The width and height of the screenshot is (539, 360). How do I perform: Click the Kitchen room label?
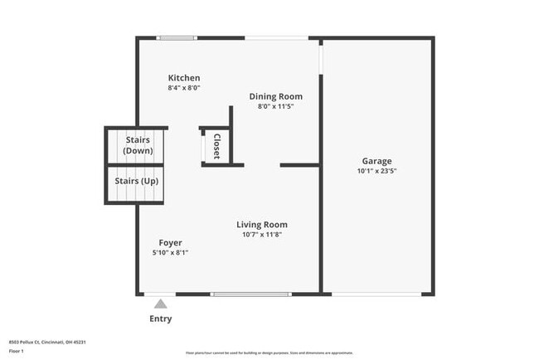click(x=184, y=78)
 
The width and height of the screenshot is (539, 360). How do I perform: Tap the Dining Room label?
click(x=275, y=96)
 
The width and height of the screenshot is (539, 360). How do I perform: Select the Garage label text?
click(x=376, y=161)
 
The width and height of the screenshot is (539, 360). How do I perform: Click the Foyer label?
click(x=171, y=243)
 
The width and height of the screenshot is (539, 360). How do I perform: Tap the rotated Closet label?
click(x=217, y=147)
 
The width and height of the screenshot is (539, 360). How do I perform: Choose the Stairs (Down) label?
click(x=138, y=145)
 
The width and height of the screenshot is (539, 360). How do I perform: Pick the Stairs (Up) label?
click(x=138, y=181)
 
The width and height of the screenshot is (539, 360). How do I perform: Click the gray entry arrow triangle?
click(x=160, y=304)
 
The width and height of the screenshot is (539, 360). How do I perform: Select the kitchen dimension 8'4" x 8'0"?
click(x=184, y=87)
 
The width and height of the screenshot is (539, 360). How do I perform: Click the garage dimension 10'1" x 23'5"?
click(x=376, y=171)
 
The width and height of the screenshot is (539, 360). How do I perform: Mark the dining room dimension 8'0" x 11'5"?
click(x=275, y=106)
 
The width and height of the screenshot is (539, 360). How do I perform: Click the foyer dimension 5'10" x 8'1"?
click(x=171, y=253)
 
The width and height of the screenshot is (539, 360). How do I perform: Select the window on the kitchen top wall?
click(x=177, y=37)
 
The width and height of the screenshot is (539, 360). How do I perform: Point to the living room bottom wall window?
click(x=251, y=294)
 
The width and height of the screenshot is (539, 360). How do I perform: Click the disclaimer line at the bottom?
click(x=269, y=353)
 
